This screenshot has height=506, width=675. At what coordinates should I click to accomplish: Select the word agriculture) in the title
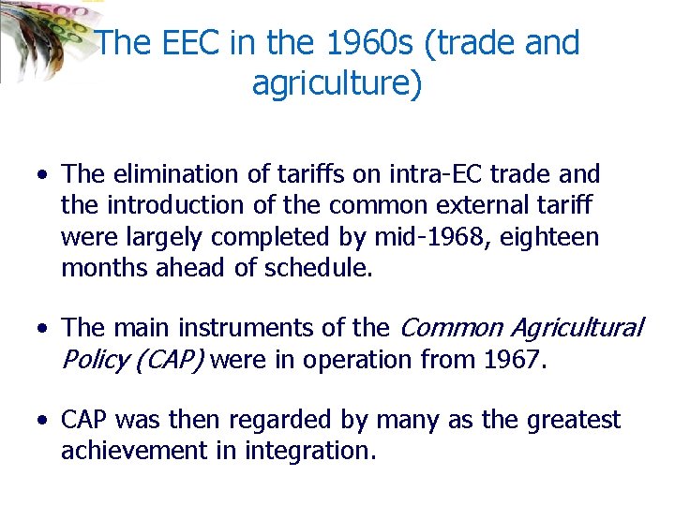coord(337,83)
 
